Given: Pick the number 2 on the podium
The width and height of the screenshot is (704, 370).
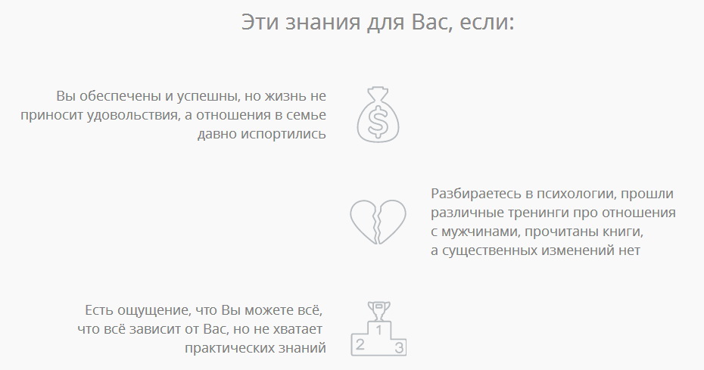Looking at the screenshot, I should (x=360, y=345).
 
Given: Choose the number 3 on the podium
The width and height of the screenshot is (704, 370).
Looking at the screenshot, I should (x=400, y=348).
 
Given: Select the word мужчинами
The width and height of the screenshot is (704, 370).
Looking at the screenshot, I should (x=481, y=232).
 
